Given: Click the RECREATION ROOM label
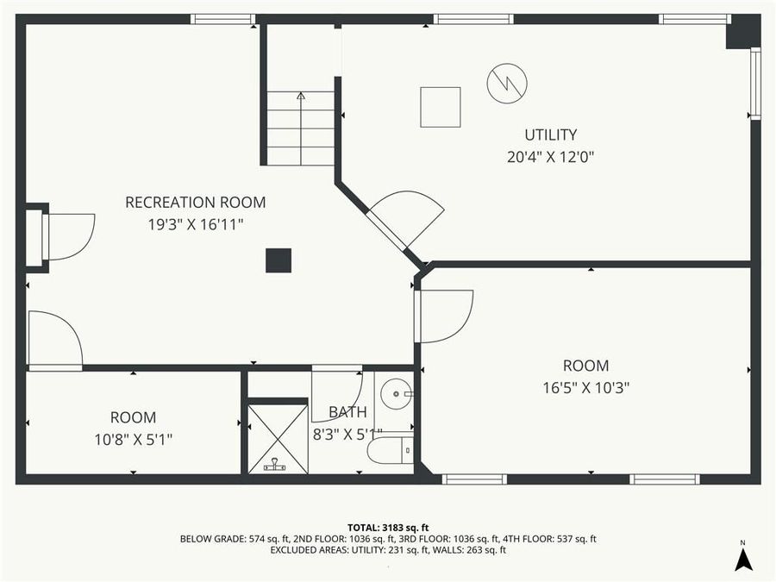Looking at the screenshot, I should pos(196,203).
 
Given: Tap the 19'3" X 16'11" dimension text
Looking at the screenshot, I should pos(196,224).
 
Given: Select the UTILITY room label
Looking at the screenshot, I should pos(551,135).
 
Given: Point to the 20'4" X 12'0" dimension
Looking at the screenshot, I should pos(551,157).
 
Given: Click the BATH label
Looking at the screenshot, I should pos(347,412).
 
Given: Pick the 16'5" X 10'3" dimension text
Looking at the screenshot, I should pos(586,387).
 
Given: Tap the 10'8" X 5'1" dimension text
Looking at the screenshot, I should pos(134,439).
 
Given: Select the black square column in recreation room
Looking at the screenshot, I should pos(278,260).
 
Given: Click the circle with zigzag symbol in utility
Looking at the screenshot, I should pos(506,83).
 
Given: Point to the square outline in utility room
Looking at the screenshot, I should pos(441,107).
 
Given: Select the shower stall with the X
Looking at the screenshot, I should pos(278,439).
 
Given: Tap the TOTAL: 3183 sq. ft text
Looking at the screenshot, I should pos(387,527).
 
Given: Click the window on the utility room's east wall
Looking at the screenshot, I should pos(755,83).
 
